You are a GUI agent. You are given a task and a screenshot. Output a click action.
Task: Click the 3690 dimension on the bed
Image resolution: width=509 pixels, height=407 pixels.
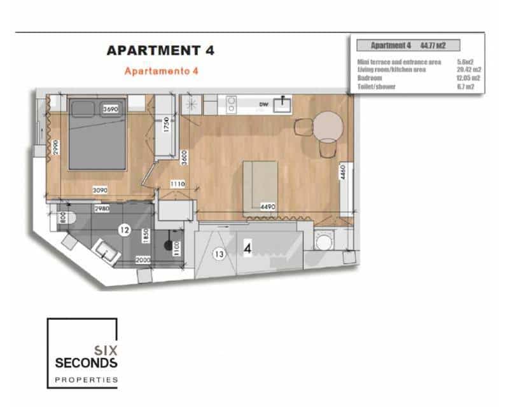(111, 109)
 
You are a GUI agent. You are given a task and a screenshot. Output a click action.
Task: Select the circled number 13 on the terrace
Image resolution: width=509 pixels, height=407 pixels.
(219, 254)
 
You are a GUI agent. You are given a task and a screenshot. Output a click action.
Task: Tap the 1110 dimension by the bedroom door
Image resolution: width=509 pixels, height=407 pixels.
(178, 184)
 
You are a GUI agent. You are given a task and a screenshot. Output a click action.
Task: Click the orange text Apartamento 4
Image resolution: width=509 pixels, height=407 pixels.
(162, 71)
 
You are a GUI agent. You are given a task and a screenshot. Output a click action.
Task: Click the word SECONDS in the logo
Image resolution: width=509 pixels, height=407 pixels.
(87, 363)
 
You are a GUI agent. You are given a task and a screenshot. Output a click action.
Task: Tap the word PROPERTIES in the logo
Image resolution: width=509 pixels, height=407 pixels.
(87, 379)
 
